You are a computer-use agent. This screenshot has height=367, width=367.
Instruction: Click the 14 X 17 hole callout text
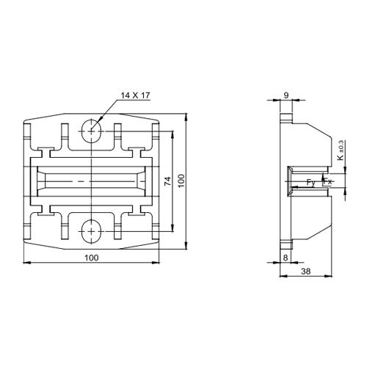(x=134, y=95)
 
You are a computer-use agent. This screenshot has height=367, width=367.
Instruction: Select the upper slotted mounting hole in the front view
(x=92, y=129)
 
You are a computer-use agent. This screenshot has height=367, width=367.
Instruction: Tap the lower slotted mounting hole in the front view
(x=92, y=230)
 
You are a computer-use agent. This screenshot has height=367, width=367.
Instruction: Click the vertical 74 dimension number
(x=167, y=181)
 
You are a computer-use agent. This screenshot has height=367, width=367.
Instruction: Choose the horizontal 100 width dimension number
(x=92, y=258)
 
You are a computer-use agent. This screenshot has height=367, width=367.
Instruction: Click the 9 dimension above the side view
(x=286, y=95)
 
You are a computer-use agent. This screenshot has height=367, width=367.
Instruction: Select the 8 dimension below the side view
(x=285, y=257)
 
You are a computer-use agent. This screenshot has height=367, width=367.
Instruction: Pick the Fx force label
(x=328, y=181)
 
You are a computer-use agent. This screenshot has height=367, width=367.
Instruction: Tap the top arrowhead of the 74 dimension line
(x=174, y=134)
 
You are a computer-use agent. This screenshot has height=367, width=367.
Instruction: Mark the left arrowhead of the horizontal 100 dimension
(x=26, y=263)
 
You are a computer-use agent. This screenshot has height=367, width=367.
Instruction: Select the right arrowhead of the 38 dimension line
(x=335, y=277)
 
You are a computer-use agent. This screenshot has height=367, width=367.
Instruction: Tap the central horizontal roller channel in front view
(x=92, y=181)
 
